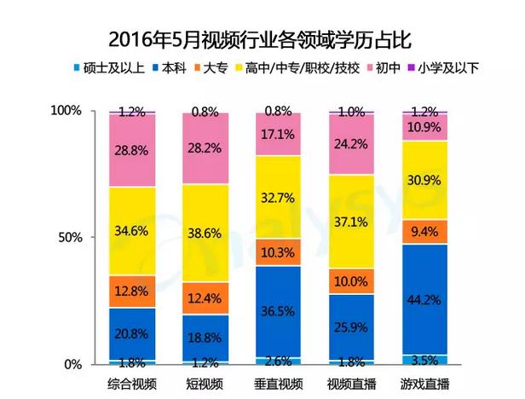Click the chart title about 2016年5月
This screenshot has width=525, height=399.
pos(262,38)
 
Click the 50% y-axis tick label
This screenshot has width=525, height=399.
pos(70,237)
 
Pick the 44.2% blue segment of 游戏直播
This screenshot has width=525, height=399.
pos(424,298)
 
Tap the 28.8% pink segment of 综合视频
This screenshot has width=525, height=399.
pos(131,150)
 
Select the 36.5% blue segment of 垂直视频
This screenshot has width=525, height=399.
pos(278,310)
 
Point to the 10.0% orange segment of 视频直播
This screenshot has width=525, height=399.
pos(351,281)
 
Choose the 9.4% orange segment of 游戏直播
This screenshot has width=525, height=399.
pos(424,231)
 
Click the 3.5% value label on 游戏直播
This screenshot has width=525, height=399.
pos(424,359)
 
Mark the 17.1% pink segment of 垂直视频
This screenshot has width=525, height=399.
pos(278,135)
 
